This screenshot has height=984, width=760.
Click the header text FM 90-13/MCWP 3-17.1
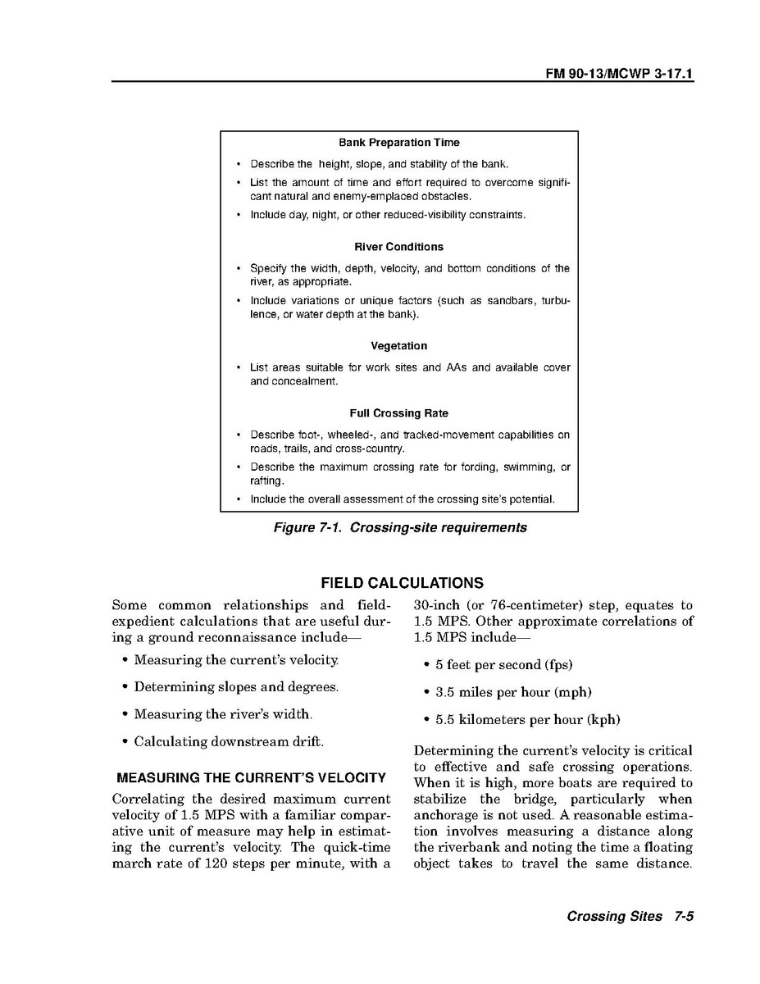tap(620, 74)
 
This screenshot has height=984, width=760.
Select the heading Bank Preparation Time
tap(398, 143)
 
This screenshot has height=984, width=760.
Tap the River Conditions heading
tap(398, 247)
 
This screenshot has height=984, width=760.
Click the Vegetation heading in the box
tap(398, 346)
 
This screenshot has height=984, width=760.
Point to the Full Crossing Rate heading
tap(398, 413)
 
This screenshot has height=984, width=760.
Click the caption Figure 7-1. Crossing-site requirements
tap(399, 527)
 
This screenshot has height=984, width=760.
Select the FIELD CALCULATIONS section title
tap(402, 584)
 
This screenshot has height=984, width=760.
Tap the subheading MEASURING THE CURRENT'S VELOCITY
tap(251, 777)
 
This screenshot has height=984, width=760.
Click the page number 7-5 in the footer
tap(685, 917)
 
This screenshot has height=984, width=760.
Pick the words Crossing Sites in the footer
tap(614, 917)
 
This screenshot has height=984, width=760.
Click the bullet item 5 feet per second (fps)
tap(503, 665)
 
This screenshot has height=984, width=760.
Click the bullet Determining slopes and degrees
tap(236, 687)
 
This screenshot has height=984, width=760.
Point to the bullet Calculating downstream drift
tap(229, 742)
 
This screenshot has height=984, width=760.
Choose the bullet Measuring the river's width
tap(223, 714)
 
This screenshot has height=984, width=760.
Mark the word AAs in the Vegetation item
tap(456, 367)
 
